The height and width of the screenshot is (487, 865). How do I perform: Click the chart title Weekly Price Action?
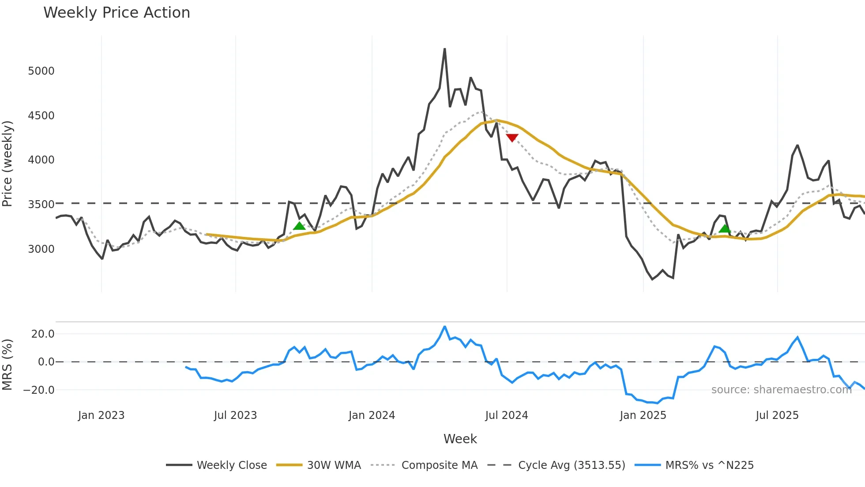click(117, 13)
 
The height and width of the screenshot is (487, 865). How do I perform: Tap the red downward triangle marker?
click(512, 138)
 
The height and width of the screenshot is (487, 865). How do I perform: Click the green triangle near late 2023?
click(299, 226)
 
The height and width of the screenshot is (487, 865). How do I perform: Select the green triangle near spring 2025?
click(725, 228)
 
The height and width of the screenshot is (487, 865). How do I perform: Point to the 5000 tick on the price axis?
click(41, 71)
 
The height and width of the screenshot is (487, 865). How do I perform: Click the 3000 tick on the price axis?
click(41, 249)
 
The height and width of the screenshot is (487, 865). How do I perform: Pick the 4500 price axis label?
click(41, 116)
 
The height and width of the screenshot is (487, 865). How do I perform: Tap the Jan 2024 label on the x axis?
click(372, 415)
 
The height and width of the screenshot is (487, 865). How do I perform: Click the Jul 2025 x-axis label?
click(777, 415)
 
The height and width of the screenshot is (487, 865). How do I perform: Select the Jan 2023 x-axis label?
click(101, 415)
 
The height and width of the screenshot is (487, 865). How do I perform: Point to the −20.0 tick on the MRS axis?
click(39, 390)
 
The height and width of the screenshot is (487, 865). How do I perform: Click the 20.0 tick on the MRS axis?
click(43, 334)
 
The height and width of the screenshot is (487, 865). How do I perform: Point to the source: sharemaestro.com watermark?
click(781, 390)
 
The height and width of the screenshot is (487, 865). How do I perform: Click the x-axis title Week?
click(460, 439)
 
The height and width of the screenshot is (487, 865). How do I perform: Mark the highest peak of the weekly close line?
click(444, 49)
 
